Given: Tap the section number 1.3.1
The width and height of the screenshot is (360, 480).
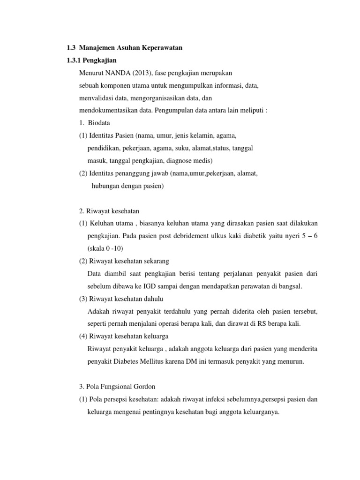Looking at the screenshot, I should coord(72,60).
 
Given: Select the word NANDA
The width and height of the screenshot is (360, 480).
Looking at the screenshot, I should coord(118,74).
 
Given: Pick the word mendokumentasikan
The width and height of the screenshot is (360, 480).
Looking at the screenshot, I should coord(109,112).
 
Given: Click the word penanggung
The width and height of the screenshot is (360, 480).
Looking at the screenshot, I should coord(141,173).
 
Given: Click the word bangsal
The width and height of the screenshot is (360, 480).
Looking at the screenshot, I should coord(290,285).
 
